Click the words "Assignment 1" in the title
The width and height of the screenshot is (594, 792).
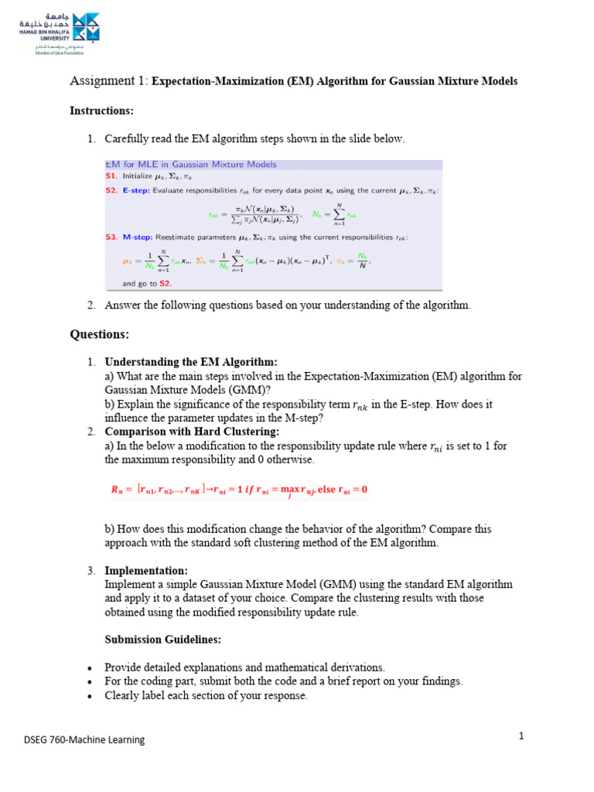[108, 80]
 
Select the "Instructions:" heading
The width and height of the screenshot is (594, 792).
[101, 111]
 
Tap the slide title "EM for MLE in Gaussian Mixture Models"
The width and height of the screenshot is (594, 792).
[190, 165]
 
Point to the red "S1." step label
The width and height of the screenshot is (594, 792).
[111, 176]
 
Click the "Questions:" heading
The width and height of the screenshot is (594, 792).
[100, 334]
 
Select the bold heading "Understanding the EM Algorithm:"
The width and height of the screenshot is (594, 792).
[190, 362]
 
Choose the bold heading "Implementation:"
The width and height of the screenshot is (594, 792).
[146, 571]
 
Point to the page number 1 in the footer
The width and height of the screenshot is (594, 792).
[521, 736]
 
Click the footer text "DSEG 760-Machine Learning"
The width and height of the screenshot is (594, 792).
[84, 740]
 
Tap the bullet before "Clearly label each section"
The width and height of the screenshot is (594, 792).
[90, 696]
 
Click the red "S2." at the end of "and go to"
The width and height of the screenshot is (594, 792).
[165, 284]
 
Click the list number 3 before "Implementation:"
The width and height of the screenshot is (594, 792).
[90, 571]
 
